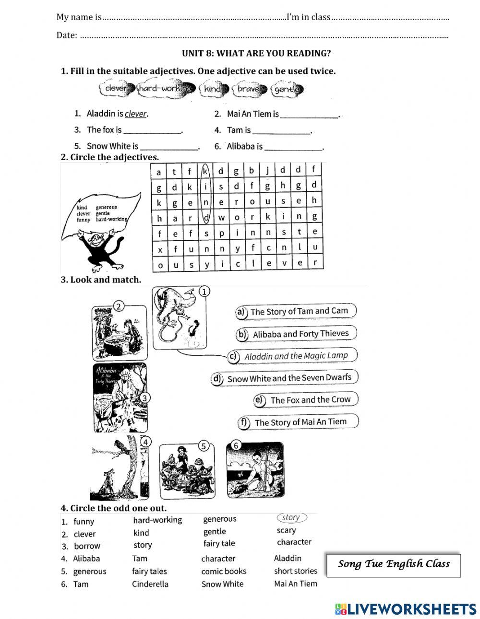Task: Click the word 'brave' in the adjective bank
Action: [x=249, y=89]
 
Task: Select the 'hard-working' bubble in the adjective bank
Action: [x=165, y=89]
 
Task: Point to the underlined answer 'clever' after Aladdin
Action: [x=135, y=114]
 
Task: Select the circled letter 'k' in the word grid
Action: [x=205, y=171]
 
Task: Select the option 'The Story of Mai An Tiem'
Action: [x=300, y=422]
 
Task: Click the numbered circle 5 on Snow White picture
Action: [x=204, y=446]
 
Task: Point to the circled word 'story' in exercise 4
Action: [x=291, y=518]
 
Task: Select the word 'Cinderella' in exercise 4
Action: [x=150, y=584]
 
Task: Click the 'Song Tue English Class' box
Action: [x=393, y=564]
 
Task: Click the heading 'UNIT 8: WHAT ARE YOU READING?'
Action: [x=256, y=53]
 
